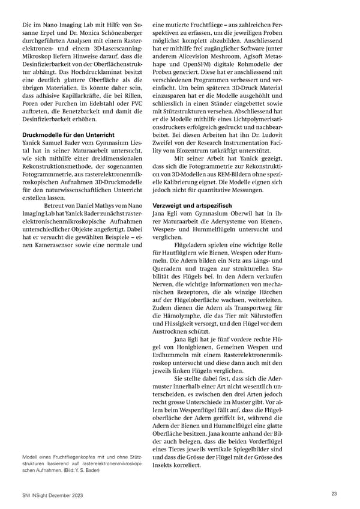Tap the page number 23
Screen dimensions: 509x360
(334, 493)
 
